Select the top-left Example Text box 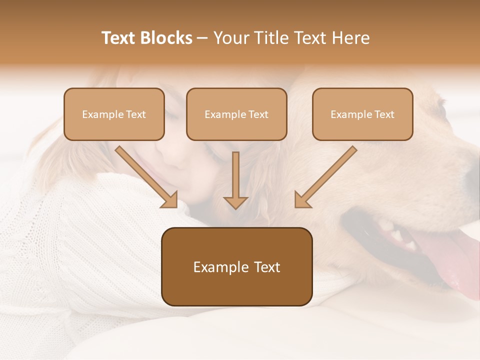114,114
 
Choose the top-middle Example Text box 236,114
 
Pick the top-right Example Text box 362,114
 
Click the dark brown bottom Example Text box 237,267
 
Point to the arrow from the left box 145,176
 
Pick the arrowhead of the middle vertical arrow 235,202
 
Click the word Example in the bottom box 216,267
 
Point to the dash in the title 202,38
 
